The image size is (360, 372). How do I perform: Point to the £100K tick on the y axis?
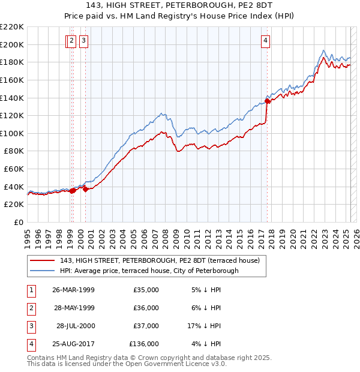[13, 133]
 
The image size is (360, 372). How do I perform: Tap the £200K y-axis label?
[13, 44]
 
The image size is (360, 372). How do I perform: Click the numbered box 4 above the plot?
[265, 41]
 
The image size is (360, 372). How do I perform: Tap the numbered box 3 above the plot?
[83, 41]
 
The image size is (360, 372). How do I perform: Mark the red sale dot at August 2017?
[268, 101]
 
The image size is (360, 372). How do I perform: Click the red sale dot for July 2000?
[86, 189]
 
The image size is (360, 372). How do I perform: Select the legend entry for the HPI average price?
[149, 271]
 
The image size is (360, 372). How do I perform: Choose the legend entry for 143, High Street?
[160, 260]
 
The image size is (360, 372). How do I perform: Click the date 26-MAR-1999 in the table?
[74, 290]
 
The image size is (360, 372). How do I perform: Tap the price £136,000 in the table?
[144, 344]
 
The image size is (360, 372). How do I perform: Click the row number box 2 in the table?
[30, 308]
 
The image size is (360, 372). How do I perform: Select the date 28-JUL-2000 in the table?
[74, 326]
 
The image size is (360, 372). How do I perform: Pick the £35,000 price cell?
[146, 290]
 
